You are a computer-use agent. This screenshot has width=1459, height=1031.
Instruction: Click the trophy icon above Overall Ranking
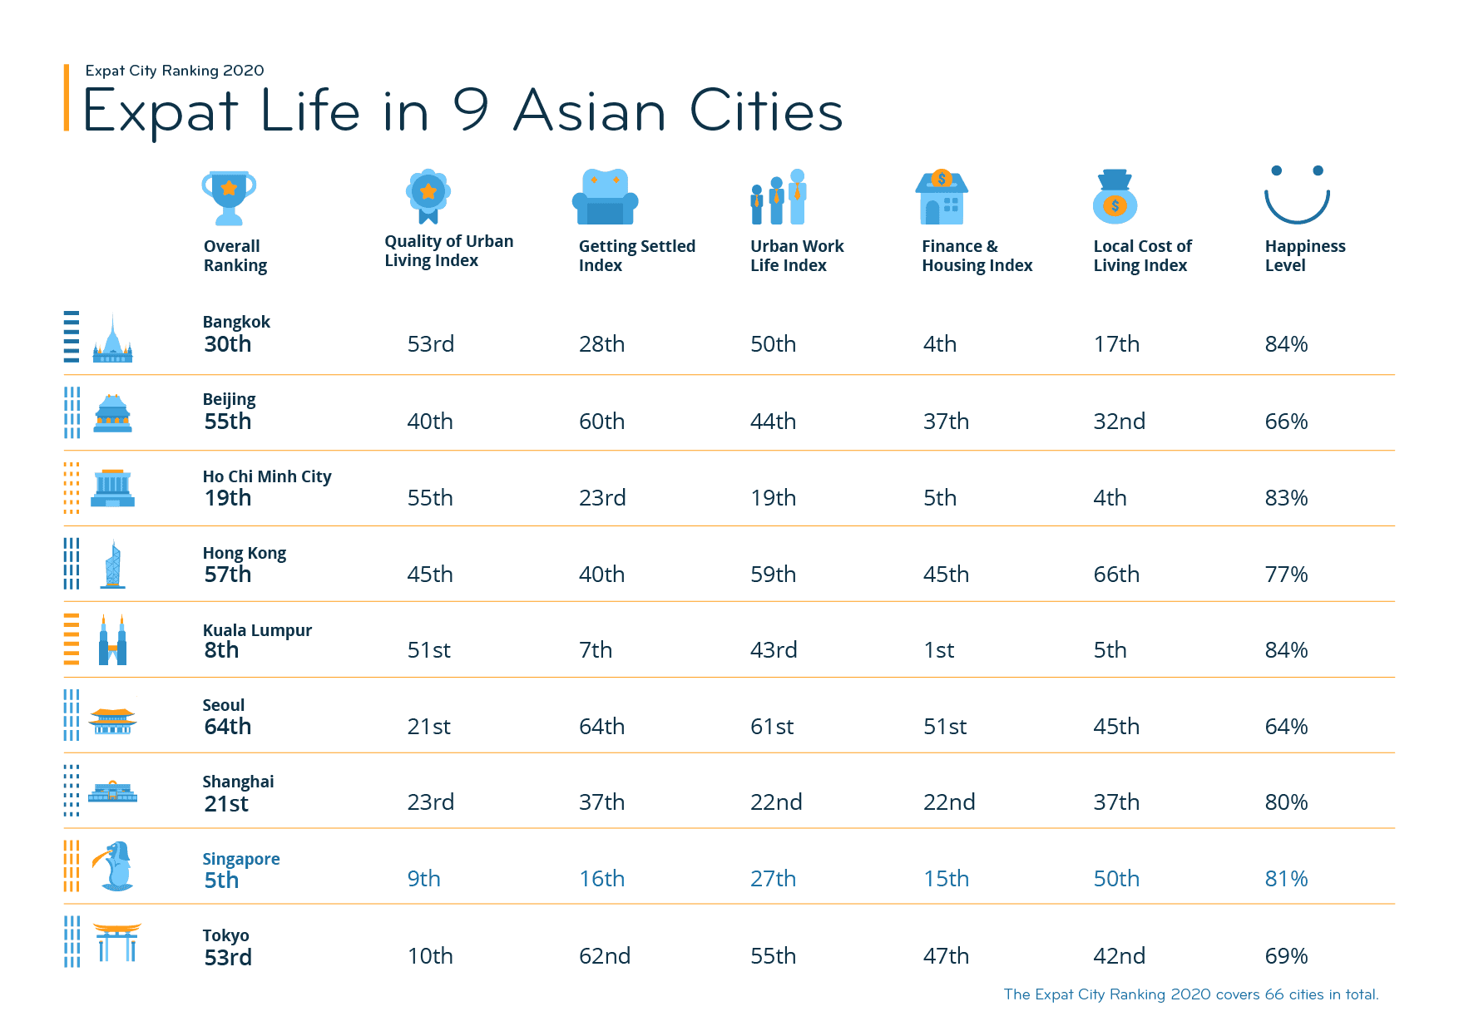pos(229,198)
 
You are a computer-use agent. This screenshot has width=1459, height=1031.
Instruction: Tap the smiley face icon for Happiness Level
pos(1297,196)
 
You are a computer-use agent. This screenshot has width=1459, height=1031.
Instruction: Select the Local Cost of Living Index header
pos(1142,256)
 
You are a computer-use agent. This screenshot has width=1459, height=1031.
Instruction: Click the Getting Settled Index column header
pos(636,256)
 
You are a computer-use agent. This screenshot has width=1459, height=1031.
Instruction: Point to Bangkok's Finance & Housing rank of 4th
pos(940,344)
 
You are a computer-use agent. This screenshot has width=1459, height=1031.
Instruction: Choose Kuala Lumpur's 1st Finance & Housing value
pos(939,650)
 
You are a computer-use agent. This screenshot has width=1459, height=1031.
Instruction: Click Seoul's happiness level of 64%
pos(1286,727)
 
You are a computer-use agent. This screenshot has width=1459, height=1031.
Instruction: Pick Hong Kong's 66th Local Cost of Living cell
pos(1116,575)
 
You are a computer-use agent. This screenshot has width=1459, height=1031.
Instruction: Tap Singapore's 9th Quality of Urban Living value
pos(423,879)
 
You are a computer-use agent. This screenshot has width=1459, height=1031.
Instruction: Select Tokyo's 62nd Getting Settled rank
pos(605,956)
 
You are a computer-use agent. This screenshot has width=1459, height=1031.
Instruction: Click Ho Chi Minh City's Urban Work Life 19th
pos(773,498)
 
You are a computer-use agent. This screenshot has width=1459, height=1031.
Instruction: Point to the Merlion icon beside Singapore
pos(115,866)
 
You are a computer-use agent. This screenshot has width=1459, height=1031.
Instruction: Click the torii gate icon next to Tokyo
pos(116,942)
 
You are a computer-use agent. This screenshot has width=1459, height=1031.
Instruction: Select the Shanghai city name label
pos(238,782)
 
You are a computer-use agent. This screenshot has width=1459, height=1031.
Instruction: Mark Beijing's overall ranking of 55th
pos(228,422)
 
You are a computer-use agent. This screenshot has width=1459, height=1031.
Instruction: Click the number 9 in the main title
pos(471,111)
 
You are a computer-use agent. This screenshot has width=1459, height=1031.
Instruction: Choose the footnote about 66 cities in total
pos(1190,994)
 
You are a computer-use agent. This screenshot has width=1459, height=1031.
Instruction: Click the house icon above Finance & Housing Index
pos(942,198)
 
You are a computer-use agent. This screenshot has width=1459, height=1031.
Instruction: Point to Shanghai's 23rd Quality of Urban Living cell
pos(430,802)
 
